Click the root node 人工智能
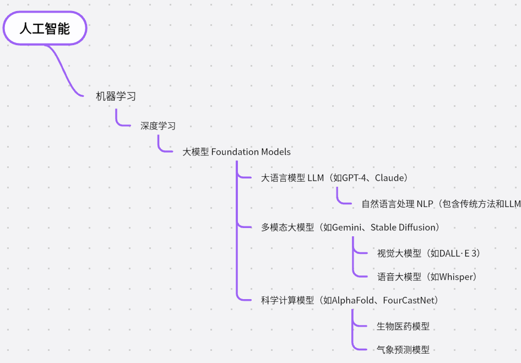[45, 29]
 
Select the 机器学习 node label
[116, 96]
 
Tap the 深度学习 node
[158, 126]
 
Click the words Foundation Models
[251, 151]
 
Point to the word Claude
[389, 178]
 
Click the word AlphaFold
[353, 300]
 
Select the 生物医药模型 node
[403, 326]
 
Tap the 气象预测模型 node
[403, 349]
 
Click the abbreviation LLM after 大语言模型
[316, 178]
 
